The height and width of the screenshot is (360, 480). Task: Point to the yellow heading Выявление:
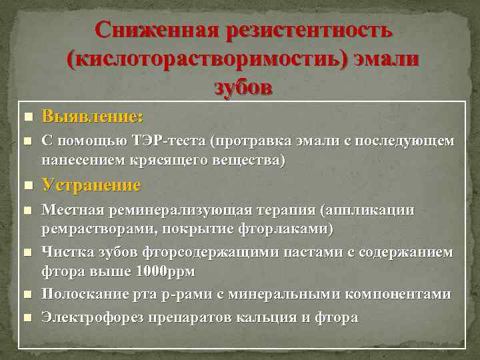point(92,117)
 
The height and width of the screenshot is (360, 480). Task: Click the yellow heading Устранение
point(91,185)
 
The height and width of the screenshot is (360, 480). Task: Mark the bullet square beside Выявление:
point(27,117)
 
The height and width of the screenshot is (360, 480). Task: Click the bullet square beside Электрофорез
point(27,317)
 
